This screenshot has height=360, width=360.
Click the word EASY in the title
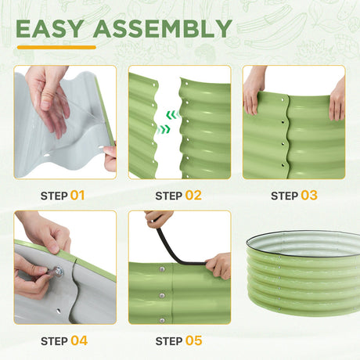(50, 29)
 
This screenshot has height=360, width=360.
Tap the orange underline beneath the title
(56, 48)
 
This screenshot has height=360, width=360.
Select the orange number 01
(77, 196)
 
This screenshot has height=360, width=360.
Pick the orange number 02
(193, 196)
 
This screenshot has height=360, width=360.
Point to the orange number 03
(309, 196)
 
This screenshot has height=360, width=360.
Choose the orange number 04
(79, 340)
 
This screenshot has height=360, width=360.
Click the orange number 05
(194, 340)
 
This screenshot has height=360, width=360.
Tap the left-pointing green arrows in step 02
(172, 114)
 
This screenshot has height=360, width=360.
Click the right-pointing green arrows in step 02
(164, 129)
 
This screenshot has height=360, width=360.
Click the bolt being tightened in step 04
(58, 272)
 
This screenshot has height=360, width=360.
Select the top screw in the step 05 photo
(162, 269)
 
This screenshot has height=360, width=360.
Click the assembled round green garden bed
(304, 272)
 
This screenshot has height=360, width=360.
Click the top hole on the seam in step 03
(283, 99)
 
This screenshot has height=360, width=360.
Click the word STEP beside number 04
(54, 341)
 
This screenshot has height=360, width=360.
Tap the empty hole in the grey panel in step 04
(59, 311)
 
